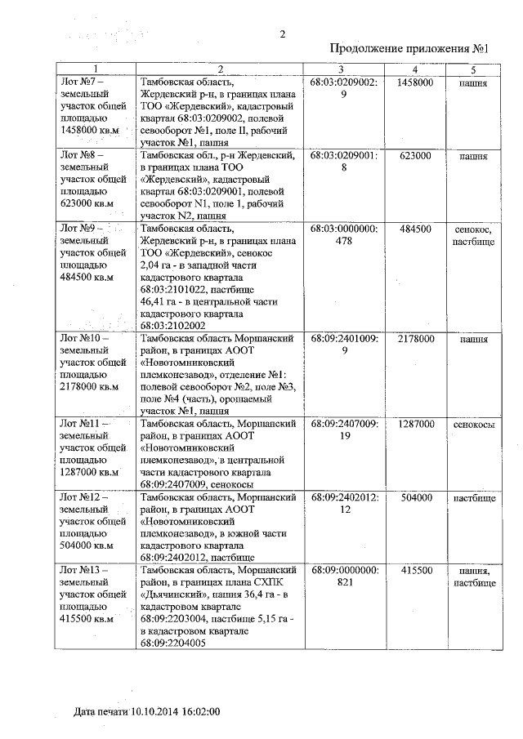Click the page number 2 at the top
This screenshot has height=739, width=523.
point(282,33)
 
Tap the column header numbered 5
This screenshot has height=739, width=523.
point(472,69)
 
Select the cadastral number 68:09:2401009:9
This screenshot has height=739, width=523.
point(344,344)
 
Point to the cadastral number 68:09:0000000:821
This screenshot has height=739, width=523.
point(344,577)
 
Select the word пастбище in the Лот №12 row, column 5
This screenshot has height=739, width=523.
point(473,497)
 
